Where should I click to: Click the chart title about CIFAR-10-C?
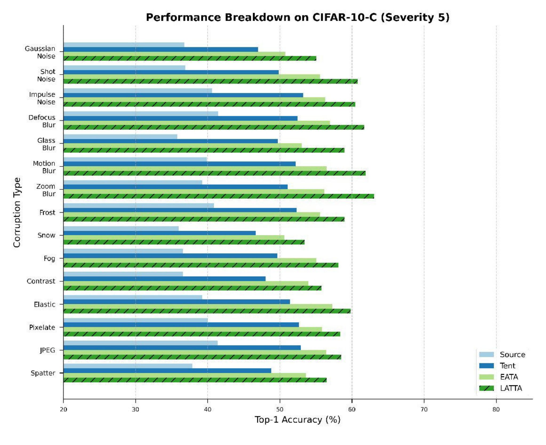298,18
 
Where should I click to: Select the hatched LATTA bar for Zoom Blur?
219,196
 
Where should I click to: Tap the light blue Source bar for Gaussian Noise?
124,45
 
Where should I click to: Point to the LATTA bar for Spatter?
195,380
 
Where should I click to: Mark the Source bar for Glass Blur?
120,137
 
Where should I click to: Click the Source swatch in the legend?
486,355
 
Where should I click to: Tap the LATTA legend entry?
511,388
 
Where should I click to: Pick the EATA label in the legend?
509,377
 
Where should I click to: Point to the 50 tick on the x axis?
280,409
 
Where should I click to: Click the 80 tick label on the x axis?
496,409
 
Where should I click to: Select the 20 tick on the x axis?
63,409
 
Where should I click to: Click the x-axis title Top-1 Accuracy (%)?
298,420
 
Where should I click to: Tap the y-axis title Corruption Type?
17,212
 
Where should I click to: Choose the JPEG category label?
47,350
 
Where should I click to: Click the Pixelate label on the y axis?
42,327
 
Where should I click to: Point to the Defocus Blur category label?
42,121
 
